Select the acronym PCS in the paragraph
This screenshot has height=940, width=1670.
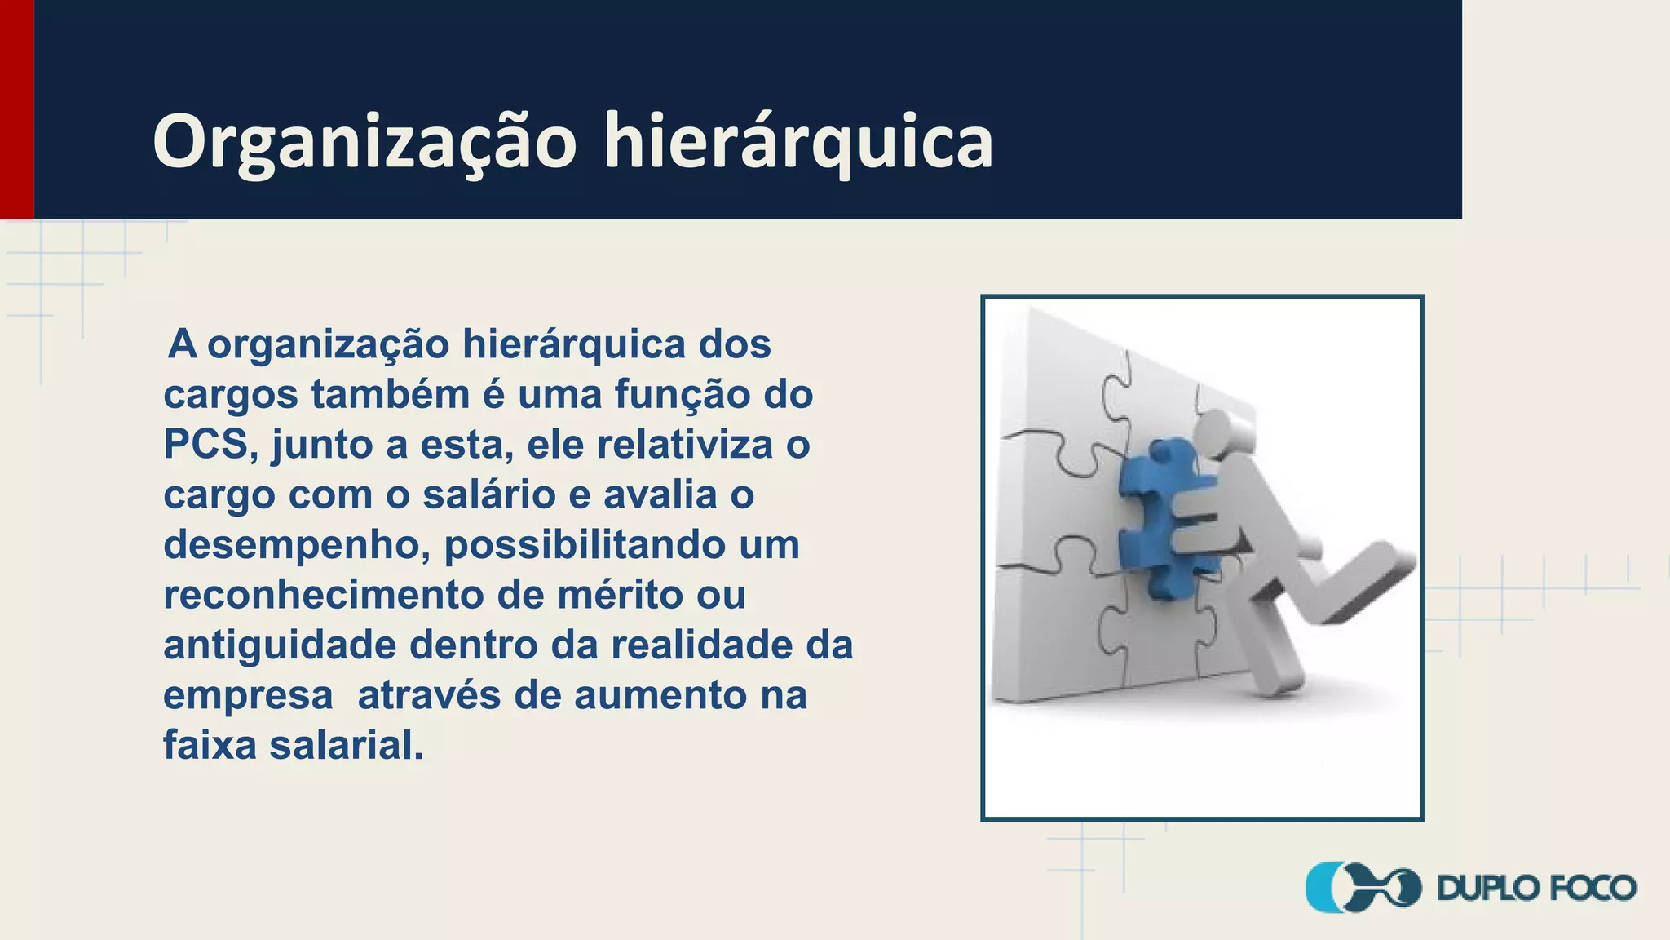tap(205, 445)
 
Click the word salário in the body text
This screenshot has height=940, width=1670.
tap(488, 495)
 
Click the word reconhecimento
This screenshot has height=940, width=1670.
tap(324, 596)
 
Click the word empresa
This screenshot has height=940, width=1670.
tap(248, 696)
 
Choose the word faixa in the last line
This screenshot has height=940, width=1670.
tap(210, 745)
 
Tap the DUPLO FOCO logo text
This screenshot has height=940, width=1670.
tap(1537, 889)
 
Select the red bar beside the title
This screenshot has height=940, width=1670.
tap(16, 109)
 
